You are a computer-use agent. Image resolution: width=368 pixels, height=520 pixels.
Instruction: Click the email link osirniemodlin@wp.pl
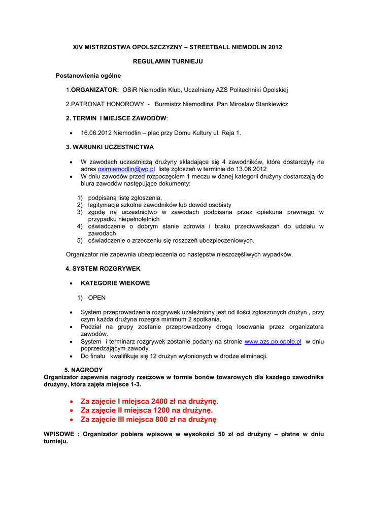(x=126, y=169)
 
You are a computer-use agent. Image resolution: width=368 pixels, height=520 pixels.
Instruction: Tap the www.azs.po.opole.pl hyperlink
(x=273, y=342)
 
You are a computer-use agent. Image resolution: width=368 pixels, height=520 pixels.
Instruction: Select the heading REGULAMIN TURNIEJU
(x=168, y=61)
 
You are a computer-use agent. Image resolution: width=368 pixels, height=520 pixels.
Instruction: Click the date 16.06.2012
(x=96, y=133)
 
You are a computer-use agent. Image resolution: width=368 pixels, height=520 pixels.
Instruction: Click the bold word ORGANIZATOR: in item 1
(x=95, y=90)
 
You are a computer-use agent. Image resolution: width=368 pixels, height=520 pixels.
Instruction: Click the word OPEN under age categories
(x=97, y=298)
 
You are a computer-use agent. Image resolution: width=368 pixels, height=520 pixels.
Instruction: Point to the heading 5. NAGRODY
(x=83, y=370)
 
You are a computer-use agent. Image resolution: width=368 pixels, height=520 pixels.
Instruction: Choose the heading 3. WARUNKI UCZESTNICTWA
(x=110, y=147)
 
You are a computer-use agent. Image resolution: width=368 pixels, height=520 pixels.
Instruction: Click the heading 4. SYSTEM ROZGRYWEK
(x=103, y=268)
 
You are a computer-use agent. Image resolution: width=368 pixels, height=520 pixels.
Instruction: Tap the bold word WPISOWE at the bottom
(x=59, y=435)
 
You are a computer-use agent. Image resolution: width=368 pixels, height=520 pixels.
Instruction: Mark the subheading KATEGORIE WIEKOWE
(x=115, y=283)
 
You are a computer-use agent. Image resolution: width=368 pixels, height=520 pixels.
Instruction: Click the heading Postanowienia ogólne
(x=88, y=76)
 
